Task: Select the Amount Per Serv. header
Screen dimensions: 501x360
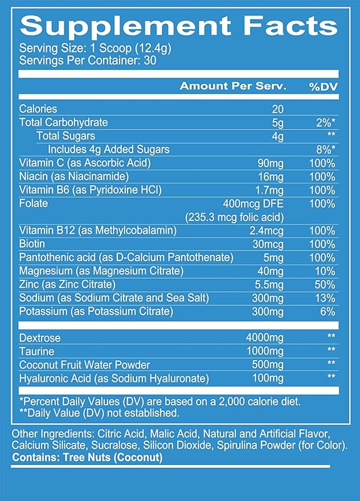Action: tap(233, 86)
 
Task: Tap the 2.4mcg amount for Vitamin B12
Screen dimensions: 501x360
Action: tap(272, 231)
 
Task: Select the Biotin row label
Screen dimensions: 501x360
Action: tap(32, 244)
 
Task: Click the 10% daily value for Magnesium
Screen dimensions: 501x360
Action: tap(326, 271)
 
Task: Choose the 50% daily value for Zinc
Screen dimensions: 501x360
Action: tap(326, 284)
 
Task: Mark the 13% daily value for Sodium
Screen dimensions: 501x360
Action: tap(326, 298)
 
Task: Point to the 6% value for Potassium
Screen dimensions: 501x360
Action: tap(328, 312)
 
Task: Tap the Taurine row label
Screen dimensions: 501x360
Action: tap(36, 352)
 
